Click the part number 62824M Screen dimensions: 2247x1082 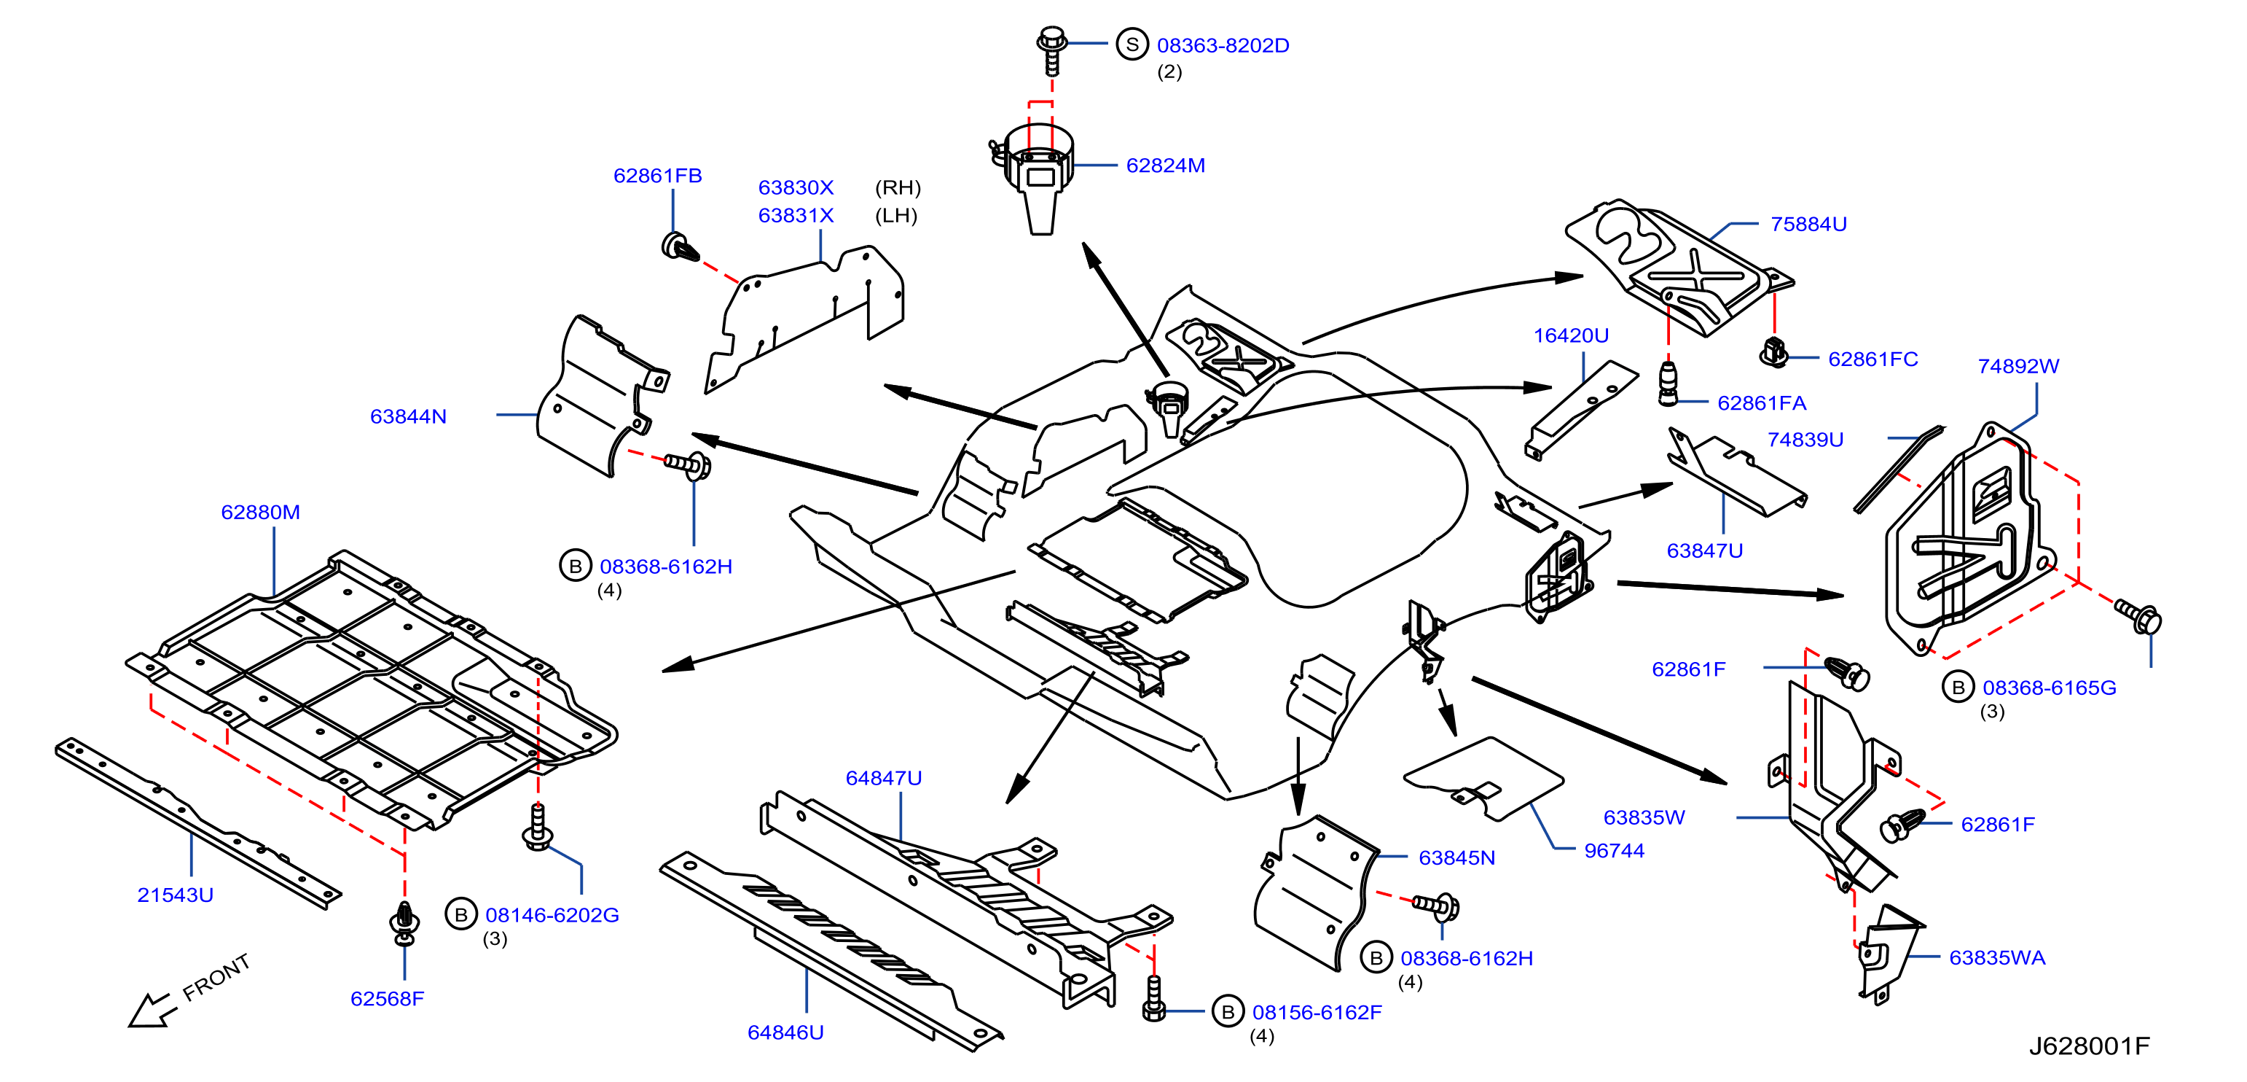pos(1165,165)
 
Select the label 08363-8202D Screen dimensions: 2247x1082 pos(1223,45)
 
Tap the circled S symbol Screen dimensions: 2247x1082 pos(1132,44)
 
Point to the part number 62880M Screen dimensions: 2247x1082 pos(260,513)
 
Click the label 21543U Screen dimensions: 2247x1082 pos(176,895)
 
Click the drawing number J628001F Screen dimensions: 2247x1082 pos(2089,1046)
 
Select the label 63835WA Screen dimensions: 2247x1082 pos(1996,957)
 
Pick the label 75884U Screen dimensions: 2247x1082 pos(1808,225)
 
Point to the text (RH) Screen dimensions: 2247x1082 pos(898,187)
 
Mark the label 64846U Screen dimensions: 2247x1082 pos(785,1032)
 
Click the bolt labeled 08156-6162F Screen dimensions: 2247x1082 pos(1153,998)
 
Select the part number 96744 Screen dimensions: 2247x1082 pos(1614,851)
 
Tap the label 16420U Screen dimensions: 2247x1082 pos(1571,335)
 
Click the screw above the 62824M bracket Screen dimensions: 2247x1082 pos(1052,50)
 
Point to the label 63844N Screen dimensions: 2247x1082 pos(408,416)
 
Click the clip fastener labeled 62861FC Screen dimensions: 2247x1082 pos(1773,351)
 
